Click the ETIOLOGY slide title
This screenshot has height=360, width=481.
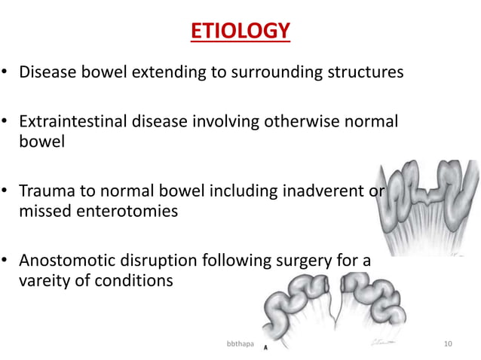coord(238,31)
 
